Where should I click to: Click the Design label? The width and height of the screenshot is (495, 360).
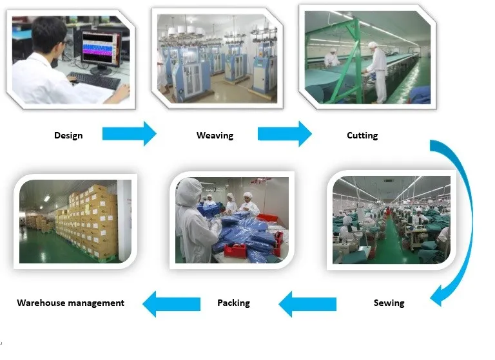(68, 135)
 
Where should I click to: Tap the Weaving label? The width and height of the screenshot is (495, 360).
(215, 135)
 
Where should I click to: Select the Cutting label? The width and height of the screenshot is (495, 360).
(362, 135)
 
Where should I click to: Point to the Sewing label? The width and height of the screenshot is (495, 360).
(389, 303)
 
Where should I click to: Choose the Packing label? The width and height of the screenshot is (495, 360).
(233, 303)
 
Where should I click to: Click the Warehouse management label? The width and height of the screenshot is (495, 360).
(71, 303)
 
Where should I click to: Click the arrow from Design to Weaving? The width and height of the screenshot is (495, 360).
(129, 134)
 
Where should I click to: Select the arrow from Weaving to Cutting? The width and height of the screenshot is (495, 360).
(284, 134)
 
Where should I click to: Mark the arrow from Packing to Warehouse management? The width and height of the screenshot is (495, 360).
(171, 303)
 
